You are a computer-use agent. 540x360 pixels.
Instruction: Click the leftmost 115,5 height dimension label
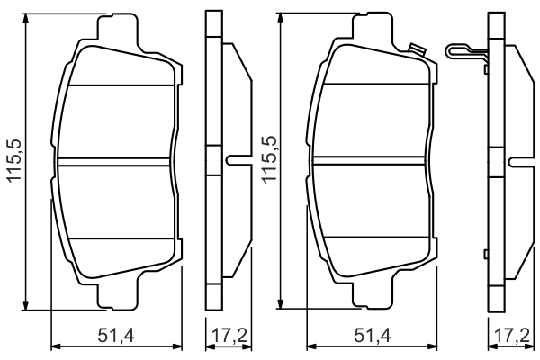click(14, 161)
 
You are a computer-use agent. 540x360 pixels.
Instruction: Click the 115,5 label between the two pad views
click(270, 159)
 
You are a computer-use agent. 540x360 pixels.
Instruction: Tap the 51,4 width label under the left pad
click(116, 336)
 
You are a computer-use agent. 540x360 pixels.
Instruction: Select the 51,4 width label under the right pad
click(373, 336)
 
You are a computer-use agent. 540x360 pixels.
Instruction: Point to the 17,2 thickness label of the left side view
click(229, 336)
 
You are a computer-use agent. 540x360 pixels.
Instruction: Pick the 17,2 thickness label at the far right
click(512, 336)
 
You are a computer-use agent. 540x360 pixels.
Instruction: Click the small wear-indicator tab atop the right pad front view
click(417, 49)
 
